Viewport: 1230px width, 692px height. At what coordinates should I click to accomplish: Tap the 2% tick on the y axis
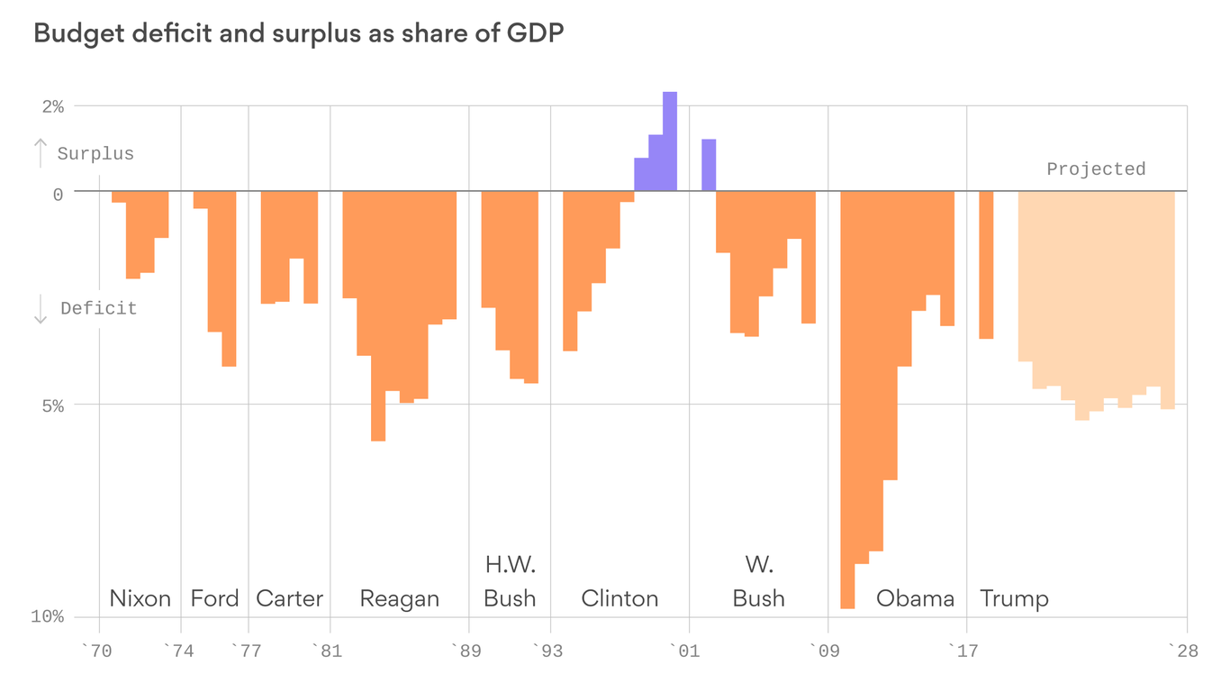[52, 107]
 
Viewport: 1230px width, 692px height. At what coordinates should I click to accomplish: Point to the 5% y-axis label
[52, 406]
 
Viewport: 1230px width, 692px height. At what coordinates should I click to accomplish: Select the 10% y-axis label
[48, 617]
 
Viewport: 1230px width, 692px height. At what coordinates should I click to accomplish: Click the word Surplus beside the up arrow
[95, 154]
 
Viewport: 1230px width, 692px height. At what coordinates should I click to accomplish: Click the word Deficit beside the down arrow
[99, 309]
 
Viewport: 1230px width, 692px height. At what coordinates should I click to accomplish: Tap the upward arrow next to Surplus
[40, 153]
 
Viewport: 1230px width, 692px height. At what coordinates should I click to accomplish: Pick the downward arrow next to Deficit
[40, 309]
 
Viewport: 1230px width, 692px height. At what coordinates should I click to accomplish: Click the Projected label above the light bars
[1096, 169]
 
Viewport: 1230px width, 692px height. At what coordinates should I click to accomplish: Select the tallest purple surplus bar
[670, 141]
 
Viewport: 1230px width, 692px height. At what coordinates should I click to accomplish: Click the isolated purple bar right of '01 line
[709, 165]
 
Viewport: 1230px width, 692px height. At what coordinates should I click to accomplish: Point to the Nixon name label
[140, 598]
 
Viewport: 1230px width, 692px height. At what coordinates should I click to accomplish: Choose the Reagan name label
[399, 598]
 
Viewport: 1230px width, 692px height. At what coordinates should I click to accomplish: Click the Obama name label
[915, 598]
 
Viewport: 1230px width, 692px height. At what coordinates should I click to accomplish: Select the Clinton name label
[620, 598]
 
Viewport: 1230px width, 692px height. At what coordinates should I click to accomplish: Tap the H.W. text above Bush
[510, 565]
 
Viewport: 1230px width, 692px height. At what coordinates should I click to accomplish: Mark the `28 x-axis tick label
[1183, 651]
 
